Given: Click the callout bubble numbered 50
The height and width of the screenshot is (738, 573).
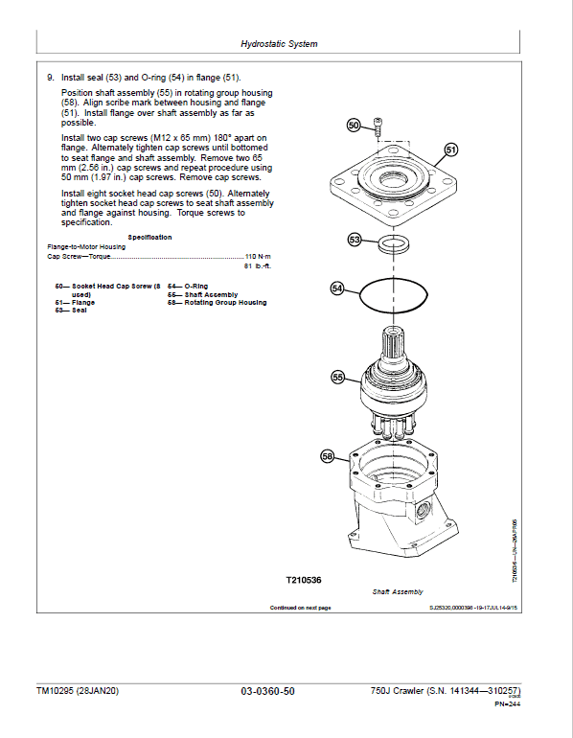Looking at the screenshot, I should (353, 126).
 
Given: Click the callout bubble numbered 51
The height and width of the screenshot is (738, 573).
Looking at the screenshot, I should (451, 149).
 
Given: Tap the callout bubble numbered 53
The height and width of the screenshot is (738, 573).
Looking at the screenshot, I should (355, 240).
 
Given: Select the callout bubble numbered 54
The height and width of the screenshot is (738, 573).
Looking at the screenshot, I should (337, 287).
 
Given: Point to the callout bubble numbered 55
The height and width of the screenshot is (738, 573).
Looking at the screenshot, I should (337, 378).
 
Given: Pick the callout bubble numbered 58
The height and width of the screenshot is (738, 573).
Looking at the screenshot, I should (327, 457).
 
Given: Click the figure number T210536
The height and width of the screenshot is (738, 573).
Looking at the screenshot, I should (305, 580).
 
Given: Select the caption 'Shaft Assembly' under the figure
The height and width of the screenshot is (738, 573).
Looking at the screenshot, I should (398, 592).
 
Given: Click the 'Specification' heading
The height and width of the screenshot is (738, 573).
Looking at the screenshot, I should (149, 237).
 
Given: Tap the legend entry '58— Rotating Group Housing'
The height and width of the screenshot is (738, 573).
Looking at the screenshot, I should (217, 303).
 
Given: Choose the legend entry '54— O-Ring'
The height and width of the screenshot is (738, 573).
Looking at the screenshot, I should (188, 286).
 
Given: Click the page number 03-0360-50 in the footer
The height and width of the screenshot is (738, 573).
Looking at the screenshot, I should (267, 691).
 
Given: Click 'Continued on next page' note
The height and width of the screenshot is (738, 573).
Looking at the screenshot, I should (300, 608).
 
